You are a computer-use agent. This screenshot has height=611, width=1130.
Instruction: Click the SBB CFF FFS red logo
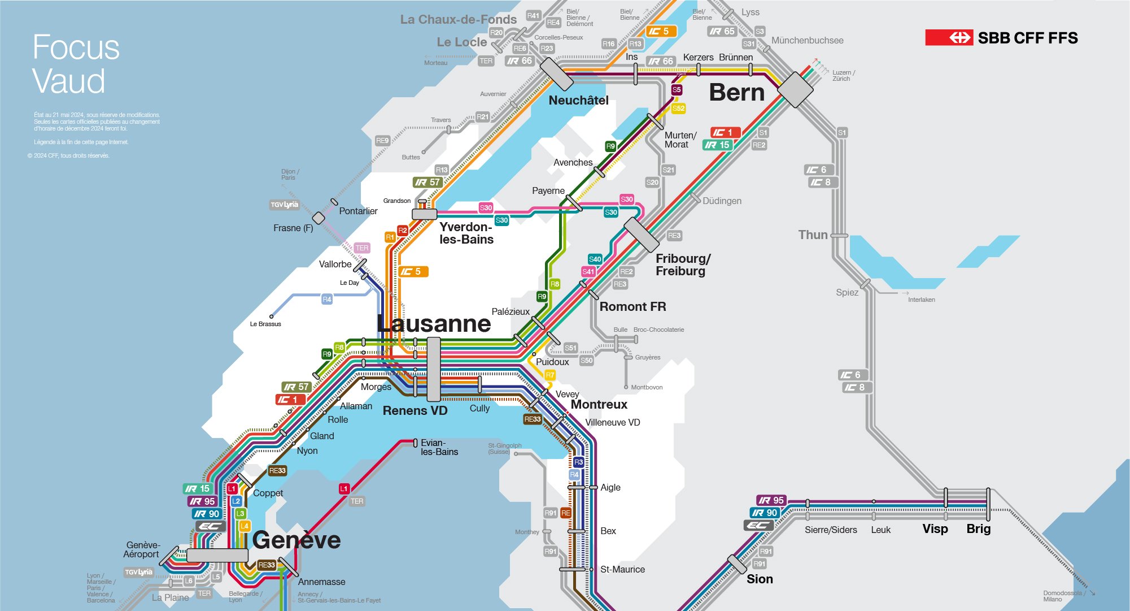point(949,38)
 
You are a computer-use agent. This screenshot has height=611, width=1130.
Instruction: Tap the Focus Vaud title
point(76,63)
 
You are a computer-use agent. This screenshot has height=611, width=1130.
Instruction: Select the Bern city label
point(736,93)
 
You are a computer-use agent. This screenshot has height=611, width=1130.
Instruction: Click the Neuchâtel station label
point(578,101)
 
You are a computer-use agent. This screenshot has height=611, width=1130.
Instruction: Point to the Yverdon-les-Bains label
point(466,233)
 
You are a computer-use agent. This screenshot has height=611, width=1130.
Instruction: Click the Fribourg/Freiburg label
point(682,265)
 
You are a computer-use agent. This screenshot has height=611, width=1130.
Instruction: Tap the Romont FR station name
point(632,307)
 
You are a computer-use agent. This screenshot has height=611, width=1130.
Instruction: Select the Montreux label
point(599,405)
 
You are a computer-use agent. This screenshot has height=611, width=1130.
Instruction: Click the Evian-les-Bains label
point(439,447)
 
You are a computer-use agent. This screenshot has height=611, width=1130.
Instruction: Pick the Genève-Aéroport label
point(142,549)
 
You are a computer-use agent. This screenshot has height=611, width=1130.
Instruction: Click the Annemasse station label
point(321,582)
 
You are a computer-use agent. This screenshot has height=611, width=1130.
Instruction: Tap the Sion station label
point(760,579)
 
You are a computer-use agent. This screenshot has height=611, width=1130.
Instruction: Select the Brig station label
point(978,529)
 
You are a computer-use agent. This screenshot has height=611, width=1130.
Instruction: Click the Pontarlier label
point(358,211)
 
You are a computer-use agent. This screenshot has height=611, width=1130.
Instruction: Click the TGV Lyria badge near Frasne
point(284,205)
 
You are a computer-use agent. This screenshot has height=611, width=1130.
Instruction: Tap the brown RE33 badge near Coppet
point(277,471)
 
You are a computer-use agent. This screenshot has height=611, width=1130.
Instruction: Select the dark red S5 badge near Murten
point(677,90)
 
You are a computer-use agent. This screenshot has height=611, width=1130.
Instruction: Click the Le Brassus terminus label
point(265,324)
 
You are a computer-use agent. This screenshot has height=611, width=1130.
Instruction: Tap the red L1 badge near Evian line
point(344,489)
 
